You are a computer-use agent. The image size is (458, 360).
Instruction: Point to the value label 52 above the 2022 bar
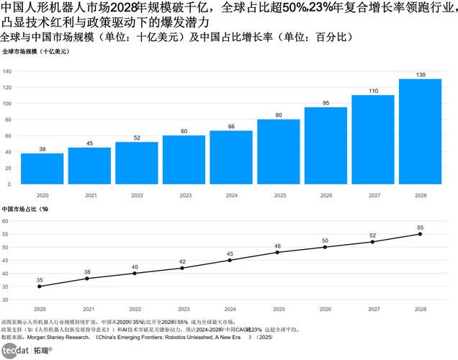point(137,138)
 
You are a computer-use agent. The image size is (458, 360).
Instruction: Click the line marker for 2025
point(278,252)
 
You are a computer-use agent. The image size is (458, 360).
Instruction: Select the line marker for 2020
point(40,287)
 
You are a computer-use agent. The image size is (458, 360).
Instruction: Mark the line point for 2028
point(420,234)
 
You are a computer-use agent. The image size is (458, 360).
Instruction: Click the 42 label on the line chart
point(182,261)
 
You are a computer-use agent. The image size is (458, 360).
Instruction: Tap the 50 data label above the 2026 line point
point(325,240)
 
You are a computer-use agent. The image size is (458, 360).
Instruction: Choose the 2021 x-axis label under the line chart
point(87,307)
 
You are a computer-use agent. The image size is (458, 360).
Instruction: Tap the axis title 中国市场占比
point(24,209)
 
